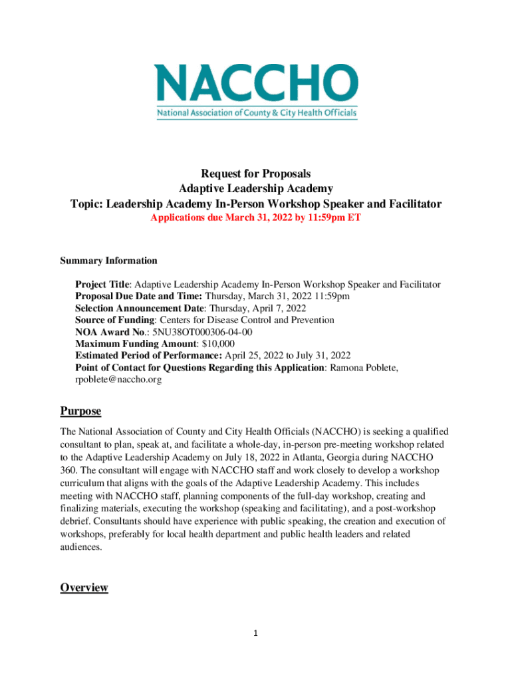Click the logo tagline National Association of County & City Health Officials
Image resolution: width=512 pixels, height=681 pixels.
(x=257, y=114)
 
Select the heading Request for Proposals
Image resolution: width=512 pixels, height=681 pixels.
(x=256, y=174)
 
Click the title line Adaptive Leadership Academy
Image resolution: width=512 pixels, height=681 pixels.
(x=256, y=189)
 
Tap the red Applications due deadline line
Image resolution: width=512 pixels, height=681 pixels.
(x=256, y=217)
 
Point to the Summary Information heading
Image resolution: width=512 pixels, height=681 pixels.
(x=108, y=261)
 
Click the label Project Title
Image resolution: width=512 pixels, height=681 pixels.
(x=102, y=285)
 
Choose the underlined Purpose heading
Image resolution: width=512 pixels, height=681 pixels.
(x=80, y=412)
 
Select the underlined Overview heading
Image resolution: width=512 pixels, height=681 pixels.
(x=84, y=587)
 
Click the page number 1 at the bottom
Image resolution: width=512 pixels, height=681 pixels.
(x=256, y=633)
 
